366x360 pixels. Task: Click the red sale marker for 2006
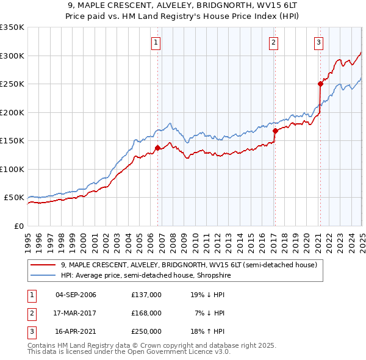[x=157, y=148]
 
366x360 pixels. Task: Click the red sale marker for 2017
[x=275, y=130]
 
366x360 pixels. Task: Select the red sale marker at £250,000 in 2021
[x=320, y=84]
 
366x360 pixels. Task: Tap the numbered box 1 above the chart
[x=157, y=42]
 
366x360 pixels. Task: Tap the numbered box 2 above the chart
[x=273, y=42]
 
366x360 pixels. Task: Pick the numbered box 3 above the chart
[x=319, y=42]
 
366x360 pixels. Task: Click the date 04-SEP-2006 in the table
[x=76, y=295]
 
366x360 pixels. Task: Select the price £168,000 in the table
[x=146, y=312]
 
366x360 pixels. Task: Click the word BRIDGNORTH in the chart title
[x=212, y=7]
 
